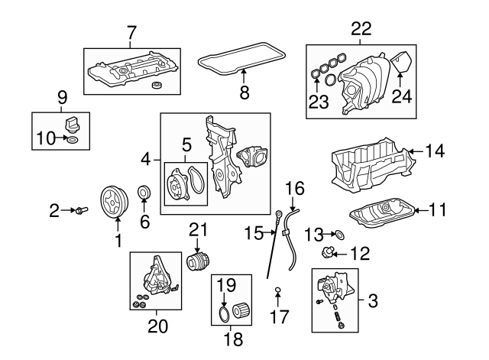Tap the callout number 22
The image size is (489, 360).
[361, 29]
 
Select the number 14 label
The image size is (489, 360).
[434, 151]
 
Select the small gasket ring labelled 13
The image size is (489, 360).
[339, 234]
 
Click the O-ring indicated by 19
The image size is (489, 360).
[224, 315]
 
